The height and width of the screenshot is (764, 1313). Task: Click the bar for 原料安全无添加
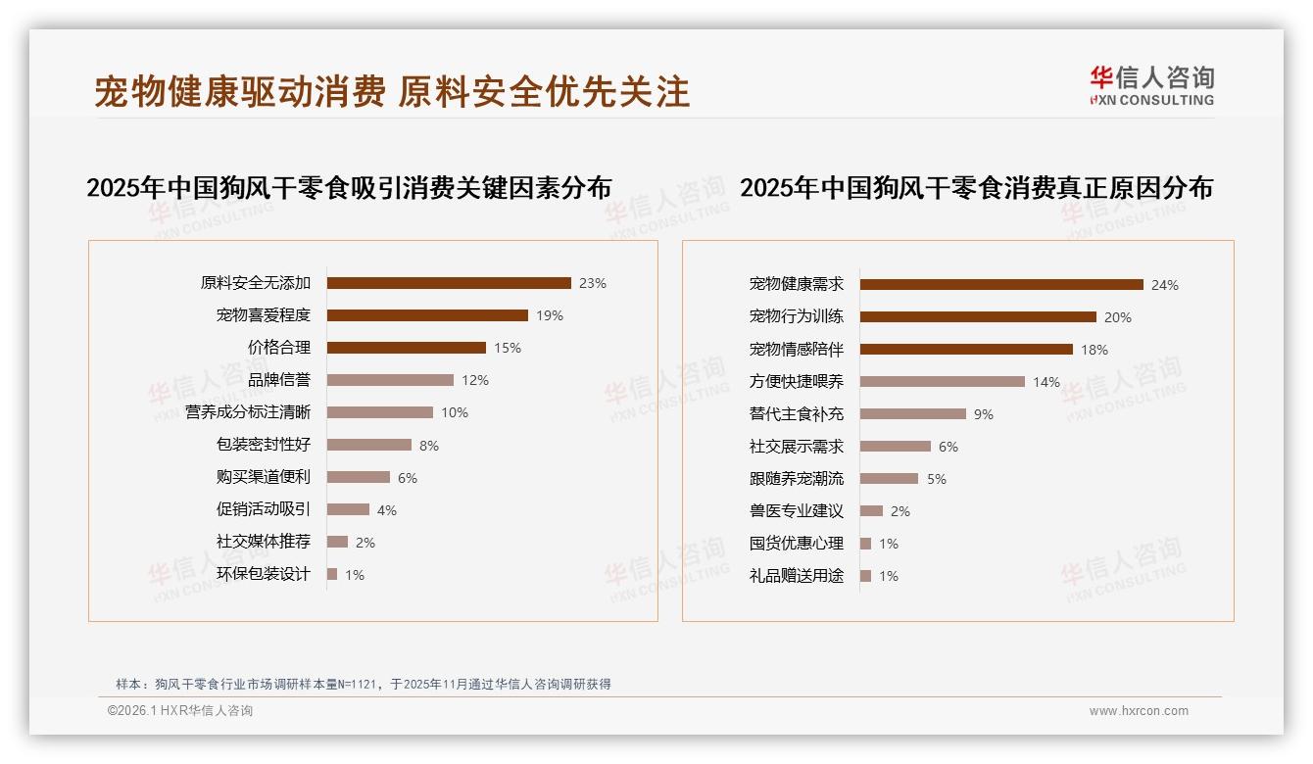point(449,283)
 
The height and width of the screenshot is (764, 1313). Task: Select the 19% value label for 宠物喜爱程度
point(550,315)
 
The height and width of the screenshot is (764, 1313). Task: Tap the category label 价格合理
point(278,348)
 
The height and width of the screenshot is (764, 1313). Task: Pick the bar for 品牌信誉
point(390,380)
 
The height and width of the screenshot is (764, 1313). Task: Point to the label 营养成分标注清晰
point(248,412)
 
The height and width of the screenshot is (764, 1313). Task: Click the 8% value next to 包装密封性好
point(429,446)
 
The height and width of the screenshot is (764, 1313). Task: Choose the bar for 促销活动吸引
point(348,509)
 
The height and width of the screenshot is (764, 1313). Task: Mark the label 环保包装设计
point(263,574)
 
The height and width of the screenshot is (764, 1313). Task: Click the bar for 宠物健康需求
point(1001,285)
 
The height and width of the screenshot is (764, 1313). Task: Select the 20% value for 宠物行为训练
point(1118,317)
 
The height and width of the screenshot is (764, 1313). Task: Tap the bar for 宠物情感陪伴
point(966,350)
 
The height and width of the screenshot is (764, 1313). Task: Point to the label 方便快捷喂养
point(796,382)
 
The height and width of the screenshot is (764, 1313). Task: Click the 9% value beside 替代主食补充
point(984,414)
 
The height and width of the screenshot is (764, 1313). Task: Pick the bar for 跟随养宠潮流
point(889,479)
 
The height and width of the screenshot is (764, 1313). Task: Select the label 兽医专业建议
point(796,511)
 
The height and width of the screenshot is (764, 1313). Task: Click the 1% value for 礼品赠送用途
point(889,576)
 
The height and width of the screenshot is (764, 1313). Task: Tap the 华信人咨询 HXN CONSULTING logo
point(1151,86)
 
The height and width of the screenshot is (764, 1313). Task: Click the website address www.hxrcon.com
point(1139,711)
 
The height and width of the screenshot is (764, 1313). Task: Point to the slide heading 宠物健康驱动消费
point(240,92)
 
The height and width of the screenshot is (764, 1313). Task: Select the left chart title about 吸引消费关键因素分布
point(349,188)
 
